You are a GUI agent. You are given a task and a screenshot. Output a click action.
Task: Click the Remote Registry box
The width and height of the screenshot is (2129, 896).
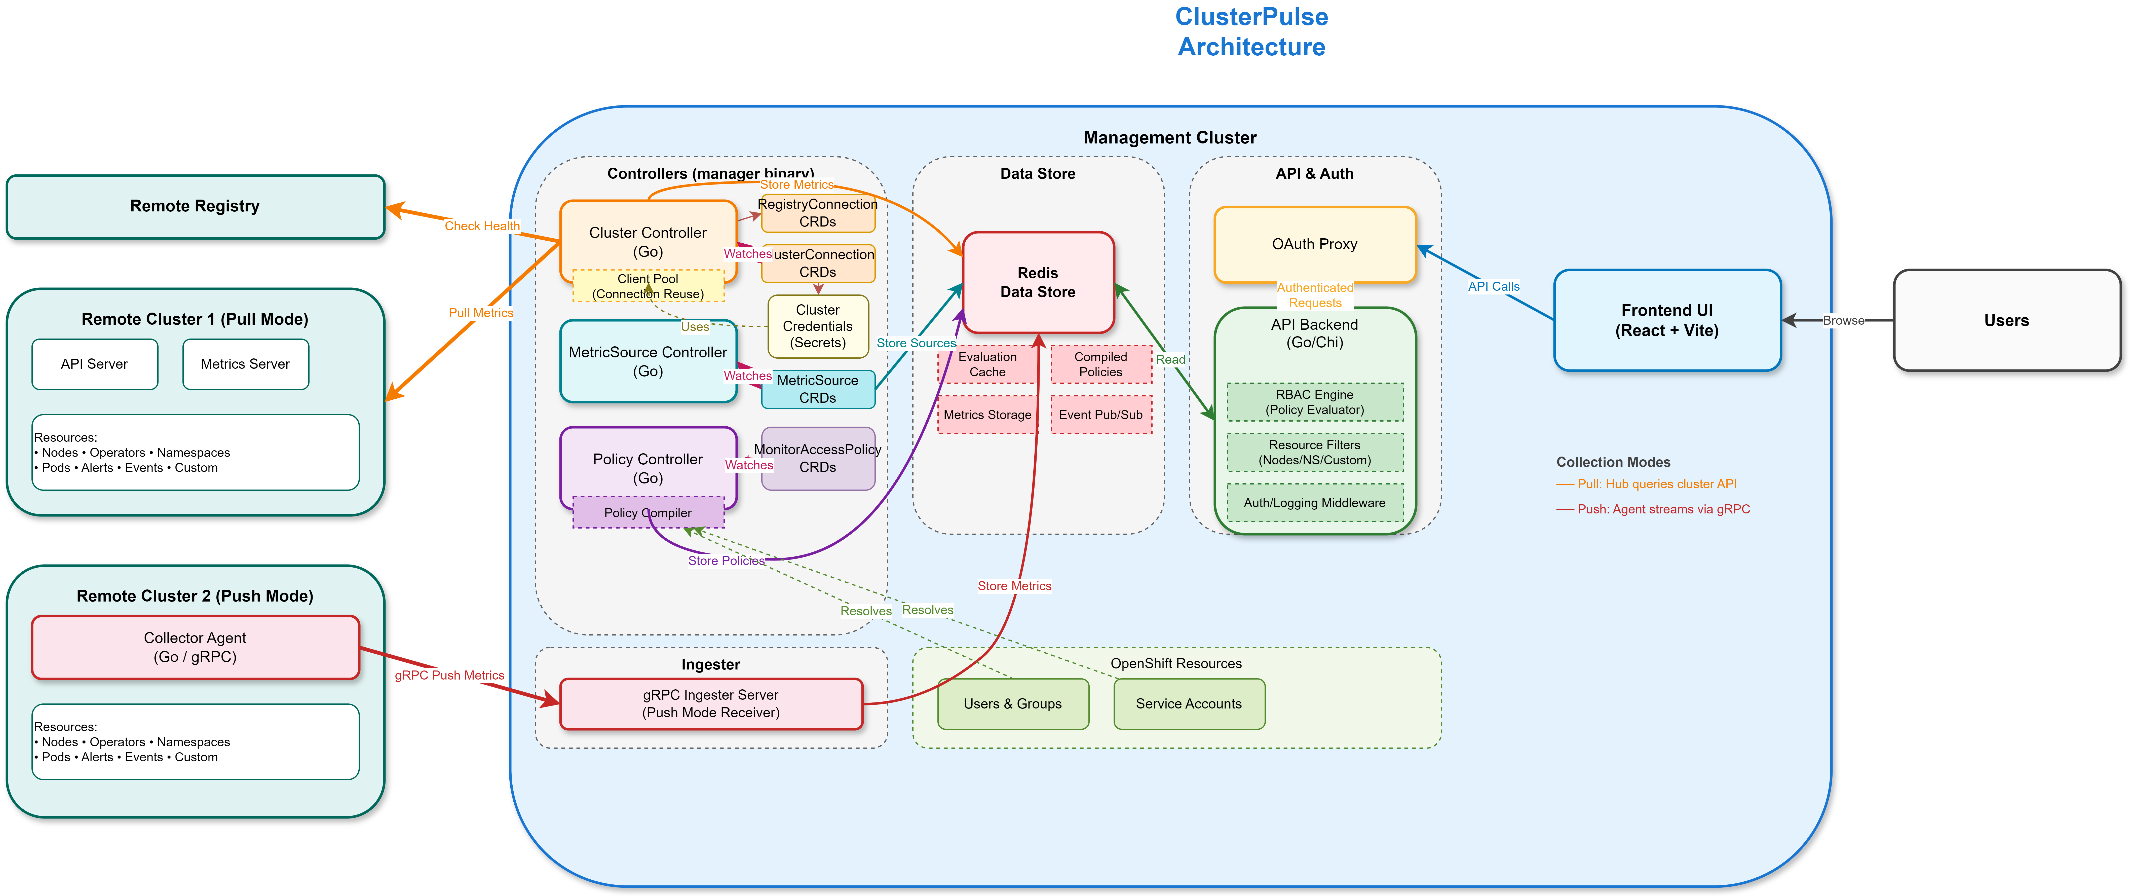tap(195, 207)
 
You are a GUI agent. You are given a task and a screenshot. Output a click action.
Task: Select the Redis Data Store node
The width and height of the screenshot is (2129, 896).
tap(1038, 283)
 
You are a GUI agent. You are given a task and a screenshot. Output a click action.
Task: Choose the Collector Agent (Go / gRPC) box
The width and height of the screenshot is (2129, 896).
tap(195, 647)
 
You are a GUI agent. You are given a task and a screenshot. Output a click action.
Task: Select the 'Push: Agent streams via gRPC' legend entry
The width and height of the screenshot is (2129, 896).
tap(1663, 509)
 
